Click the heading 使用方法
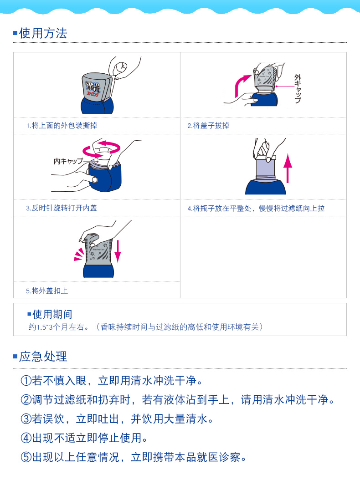pyautogui.click(x=43, y=33)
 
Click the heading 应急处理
pyautogui.click(x=43, y=356)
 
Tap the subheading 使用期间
pyautogui.click(x=52, y=314)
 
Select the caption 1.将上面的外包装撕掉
pyautogui.click(x=62, y=126)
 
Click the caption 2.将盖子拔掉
pyautogui.click(x=208, y=126)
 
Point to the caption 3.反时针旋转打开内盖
pyautogui.click(x=62, y=208)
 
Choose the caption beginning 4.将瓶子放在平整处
pyautogui.click(x=256, y=209)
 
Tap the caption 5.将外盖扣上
pyautogui.click(x=47, y=291)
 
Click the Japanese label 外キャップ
pyautogui.click(x=298, y=88)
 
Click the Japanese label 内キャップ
pyautogui.click(x=68, y=161)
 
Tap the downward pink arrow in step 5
pyautogui.click(x=118, y=251)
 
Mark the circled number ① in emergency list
pyautogui.click(x=26, y=381)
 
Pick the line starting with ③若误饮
pyautogui.click(x=117, y=419)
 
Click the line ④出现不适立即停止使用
pyautogui.click(x=84, y=438)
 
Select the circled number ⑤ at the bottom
pyautogui.click(x=26, y=457)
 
